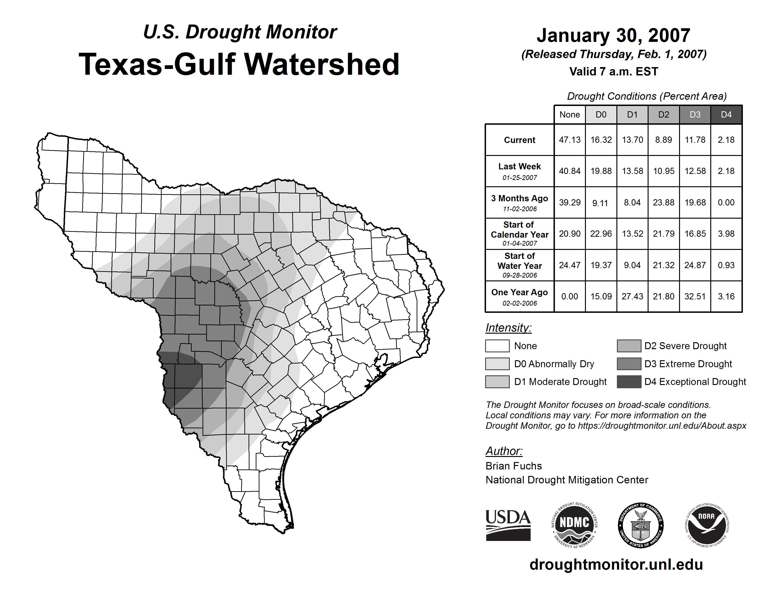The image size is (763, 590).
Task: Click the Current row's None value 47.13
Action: pyautogui.click(x=569, y=140)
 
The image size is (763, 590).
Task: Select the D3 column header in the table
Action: pyautogui.click(x=695, y=115)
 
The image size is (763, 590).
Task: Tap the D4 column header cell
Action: pyautogui.click(x=726, y=115)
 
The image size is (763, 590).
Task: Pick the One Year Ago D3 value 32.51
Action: pyautogui.click(x=695, y=296)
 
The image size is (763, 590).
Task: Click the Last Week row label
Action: pyautogui.click(x=520, y=171)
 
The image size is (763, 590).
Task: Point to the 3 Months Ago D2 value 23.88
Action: pyautogui.click(x=663, y=202)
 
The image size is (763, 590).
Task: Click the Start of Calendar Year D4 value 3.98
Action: pyautogui.click(x=726, y=233)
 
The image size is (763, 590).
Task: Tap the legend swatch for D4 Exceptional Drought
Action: pyautogui.click(x=629, y=382)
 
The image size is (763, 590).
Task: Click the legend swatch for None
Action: pyautogui.click(x=497, y=346)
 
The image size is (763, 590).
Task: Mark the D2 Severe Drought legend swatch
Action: pyautogui.click(x=629, y=346)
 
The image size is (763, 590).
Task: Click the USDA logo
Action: pyautogui.click(x=508, y=525)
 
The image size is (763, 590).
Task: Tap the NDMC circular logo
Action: pyautogui.click(x=574, y=525)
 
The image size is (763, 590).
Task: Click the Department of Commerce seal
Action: pyautogui.click(x=640, y=525)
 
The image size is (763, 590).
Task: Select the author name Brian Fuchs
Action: pyautogui.click(x=514, y=466)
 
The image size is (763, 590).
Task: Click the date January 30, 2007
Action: pyautogui.click(x=613, y=35)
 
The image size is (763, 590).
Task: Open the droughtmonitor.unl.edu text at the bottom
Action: pyautogui.click(x=616, y=565)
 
